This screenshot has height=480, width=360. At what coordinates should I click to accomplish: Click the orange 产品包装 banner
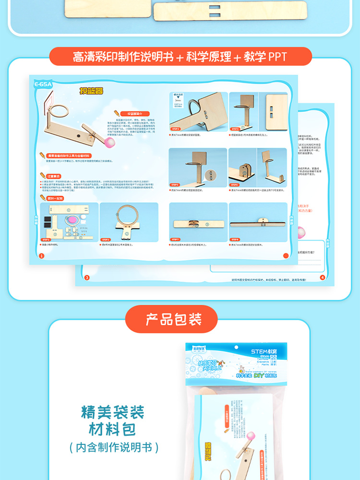click(x=172, y=319)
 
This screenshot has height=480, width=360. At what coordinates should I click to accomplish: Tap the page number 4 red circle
click(x=322, y=277)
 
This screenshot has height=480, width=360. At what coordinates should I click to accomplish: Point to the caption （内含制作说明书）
click(x=113, y=447)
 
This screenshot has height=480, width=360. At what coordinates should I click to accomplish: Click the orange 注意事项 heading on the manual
click(x=53, y=176)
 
